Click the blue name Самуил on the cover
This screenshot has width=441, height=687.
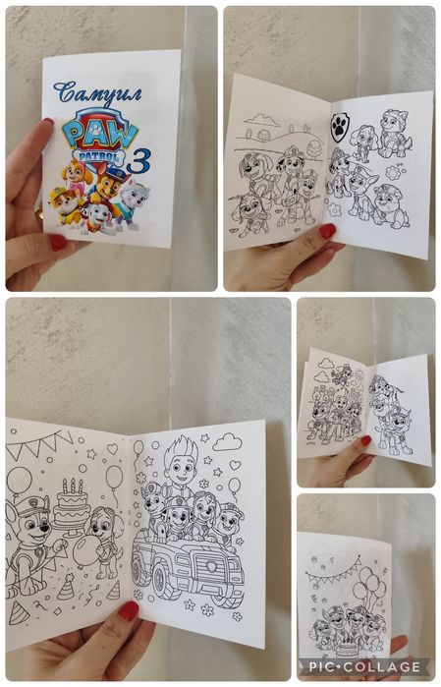coord(98,93)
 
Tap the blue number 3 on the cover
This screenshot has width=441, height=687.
coord(138,161)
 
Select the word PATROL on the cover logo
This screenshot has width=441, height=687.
coord(99,157)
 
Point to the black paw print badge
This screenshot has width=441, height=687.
coord(339,127)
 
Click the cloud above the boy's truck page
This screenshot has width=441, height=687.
coord(227,441)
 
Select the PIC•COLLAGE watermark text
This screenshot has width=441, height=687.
coord(364,666)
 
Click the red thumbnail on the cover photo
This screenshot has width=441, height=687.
coord(58,243)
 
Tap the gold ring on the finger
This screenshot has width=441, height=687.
coord(39,214)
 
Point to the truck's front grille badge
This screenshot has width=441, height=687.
coord(211,566)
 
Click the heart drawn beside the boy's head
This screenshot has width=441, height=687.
coord(235,465)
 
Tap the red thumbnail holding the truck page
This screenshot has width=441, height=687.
coord(129,610)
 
